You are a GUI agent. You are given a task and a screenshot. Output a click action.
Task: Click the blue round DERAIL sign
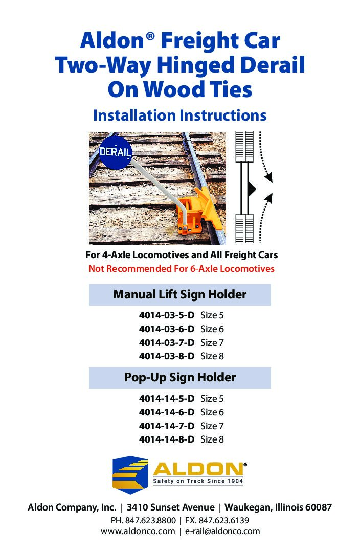click(x=115, y=152)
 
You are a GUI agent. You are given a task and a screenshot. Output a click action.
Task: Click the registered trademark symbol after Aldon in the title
click(x=150, y=36)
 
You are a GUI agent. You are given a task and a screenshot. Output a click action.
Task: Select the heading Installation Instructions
click(x=180, y=115)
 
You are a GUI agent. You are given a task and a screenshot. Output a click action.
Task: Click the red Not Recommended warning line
click(x=181, y=268)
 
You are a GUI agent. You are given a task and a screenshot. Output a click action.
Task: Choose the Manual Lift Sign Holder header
click(x=180, y=294)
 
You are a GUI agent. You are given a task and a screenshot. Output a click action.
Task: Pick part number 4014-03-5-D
click(x=167, y=315)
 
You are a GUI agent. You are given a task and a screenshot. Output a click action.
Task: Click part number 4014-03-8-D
click(x=167, y=356)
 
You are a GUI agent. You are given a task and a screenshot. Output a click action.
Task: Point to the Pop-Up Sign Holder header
click(x=180, y=377)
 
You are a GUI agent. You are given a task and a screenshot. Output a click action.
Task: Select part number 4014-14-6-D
click(x=167, y=412)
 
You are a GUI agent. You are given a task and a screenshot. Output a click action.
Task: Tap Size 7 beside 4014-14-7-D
click(x=212, y=426)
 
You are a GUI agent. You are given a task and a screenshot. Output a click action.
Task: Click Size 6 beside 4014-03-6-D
click(x=212, y=329)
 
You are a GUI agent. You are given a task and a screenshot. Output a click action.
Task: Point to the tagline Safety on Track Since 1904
click(x=198, y=481)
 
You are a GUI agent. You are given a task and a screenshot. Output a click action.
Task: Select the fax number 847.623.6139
click(x=224, y=521)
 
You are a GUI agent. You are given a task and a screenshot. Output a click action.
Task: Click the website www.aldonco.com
click(x=138, y=531)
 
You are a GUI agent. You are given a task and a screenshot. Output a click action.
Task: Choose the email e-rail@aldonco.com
click(x=223, y=531)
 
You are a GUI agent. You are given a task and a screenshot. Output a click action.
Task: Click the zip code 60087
click(x=319, y=507)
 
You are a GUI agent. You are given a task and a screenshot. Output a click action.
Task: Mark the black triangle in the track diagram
click(x=252, y=188)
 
